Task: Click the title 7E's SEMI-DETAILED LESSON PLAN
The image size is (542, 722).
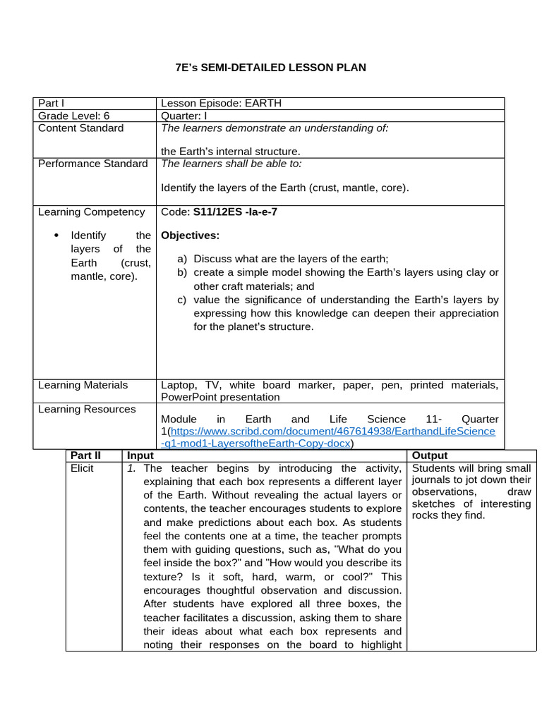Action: pos(270,68)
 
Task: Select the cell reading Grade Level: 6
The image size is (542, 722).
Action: pos(73,116)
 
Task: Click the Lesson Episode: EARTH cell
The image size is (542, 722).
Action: pos(221,103)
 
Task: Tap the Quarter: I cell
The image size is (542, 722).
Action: pos(186,116)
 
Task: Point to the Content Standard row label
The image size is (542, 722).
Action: pos(80,128)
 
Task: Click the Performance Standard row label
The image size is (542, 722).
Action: pos(92,164)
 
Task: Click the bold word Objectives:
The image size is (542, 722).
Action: pos(190,235)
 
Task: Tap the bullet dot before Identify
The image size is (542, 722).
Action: pos(56,235)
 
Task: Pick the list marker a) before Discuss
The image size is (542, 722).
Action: pos(182,259)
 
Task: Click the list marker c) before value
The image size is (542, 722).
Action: pos(182,300)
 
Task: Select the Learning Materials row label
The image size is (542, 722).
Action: pos(83,385)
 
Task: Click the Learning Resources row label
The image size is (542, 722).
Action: pos(86,409)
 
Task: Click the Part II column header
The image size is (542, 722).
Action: pos(85,455)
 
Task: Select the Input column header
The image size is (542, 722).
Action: pos(140,455)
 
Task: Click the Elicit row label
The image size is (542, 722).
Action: pos(82,468)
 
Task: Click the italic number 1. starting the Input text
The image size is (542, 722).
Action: pos(132,468)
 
